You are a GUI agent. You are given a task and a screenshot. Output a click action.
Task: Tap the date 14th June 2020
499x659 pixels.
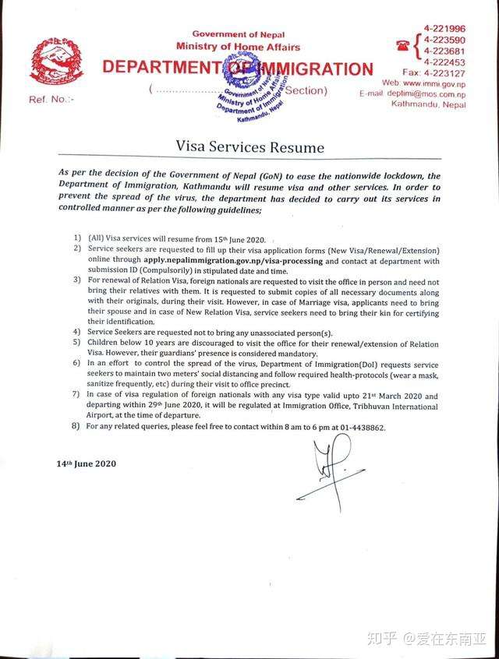(x=86, y=463)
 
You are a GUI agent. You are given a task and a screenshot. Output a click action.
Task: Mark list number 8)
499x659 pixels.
(x=76, y=427)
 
